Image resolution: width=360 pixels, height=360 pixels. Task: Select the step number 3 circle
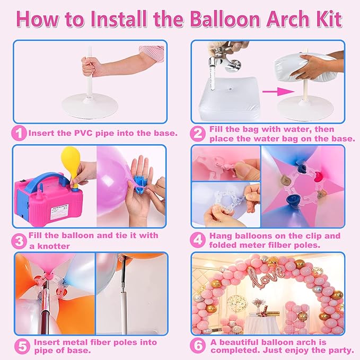pos(20,240)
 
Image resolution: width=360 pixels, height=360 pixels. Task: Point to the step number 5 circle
pos(21,347)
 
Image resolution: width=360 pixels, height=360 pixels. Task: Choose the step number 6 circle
pos(198,346)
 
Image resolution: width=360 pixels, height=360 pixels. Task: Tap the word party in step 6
pos(340,350)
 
